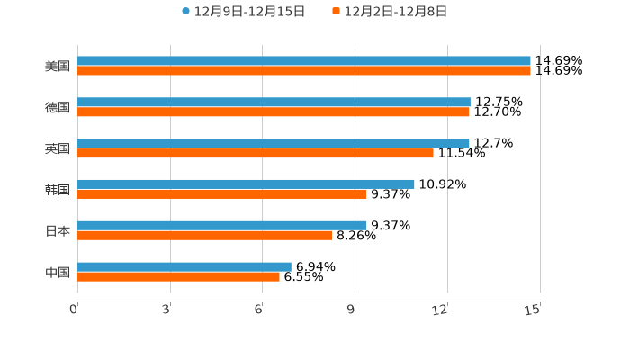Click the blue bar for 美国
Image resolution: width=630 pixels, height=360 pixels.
pos(304,61)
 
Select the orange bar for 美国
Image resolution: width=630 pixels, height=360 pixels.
pos(304,71)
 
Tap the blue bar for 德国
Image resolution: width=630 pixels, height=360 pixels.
pos(274,103)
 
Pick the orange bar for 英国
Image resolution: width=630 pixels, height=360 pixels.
pos(256,154)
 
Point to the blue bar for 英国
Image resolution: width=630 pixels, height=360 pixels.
pos(274,143)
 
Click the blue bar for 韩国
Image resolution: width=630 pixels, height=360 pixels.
pos(246,184)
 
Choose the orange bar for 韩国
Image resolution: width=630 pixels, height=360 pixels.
pos(222,194)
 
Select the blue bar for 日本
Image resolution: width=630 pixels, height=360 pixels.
pos(222,225)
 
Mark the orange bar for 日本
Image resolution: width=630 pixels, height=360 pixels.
pos(205,236)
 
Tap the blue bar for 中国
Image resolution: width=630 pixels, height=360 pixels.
pos(184,266)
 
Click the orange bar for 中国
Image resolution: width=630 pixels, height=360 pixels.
pos(178,277)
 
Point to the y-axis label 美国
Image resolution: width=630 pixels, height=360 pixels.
pos(58,67)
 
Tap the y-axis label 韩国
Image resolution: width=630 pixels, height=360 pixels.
pos(58,190)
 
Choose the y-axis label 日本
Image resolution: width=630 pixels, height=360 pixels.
pos(58,231)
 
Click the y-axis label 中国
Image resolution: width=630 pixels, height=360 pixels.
pos(58,273)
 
